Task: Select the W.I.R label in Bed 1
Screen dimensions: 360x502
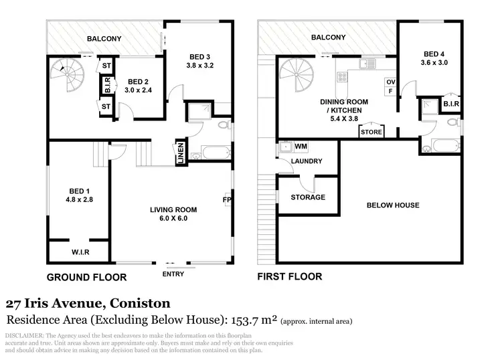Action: coord(81,252)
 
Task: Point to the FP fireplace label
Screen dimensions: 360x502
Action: coord(227,199)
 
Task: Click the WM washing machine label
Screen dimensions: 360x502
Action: coord(301,146)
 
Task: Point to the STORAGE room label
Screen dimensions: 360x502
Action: coord(308,197)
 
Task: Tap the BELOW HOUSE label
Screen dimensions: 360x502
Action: coord(393,205)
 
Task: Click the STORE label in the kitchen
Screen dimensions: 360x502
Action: coord(371,132)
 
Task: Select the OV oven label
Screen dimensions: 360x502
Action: coord(390,82)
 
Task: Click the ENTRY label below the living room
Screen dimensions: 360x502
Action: coord(173,273)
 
